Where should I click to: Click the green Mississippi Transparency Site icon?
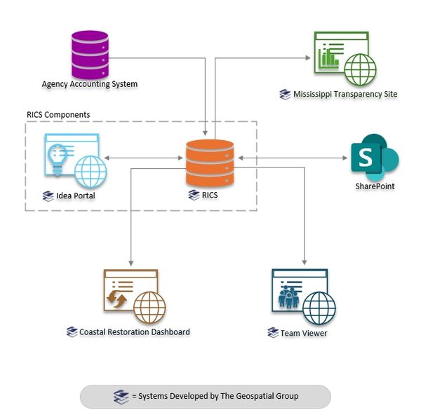[x=341, y=59]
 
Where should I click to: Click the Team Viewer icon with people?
[x=302, y=296]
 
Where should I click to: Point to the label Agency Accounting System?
[x=89, y=85]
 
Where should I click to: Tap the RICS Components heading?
[x=58, y=114]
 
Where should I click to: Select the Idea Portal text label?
[x=75, y=196]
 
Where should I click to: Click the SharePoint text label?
[x=375, y=187]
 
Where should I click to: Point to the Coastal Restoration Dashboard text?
[x=134, y=331]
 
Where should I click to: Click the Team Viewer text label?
[x=303, y=333]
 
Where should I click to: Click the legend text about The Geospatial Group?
[x=215, y=396]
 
